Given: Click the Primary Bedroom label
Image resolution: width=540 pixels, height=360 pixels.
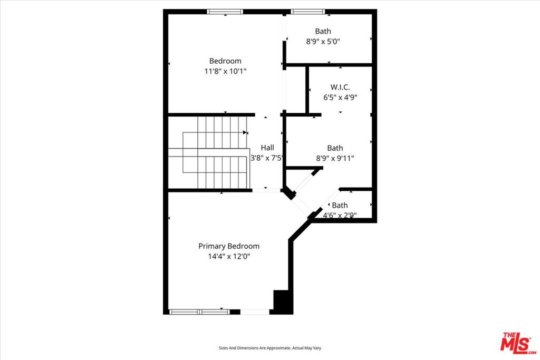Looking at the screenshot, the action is tap(229, 246).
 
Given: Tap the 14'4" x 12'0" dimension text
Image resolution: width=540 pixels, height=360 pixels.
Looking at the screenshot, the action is tap(229, 256).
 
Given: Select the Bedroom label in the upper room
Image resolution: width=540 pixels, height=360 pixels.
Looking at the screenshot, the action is tap(225, 61).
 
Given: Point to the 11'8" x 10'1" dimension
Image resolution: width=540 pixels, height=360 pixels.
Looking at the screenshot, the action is tap(225, 71).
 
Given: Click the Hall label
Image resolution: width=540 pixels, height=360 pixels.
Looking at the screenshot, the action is tap(267, 148).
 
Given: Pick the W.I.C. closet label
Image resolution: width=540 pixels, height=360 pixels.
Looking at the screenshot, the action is tap(340, 87).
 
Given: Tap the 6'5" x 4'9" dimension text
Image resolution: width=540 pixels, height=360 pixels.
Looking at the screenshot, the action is tap(340, 98).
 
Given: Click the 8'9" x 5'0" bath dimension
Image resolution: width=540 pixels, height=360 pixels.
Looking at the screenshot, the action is tap(323, 42).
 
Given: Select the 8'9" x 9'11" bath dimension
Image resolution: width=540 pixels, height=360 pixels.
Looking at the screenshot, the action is tap(335, 158).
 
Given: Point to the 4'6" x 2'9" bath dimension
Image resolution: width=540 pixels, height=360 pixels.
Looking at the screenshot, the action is tap(340, 216).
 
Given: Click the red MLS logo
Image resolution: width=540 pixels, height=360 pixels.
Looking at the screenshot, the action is tap(518, 343).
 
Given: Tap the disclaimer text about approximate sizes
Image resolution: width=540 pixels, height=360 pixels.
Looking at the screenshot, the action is tap(270, 348).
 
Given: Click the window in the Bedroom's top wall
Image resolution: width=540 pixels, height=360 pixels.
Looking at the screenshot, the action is tap(225, 12).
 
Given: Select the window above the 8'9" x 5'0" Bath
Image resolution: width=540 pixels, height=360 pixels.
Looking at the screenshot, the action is tap(308, 12).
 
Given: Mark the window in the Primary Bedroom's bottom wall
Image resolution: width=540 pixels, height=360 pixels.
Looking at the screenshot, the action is tap(200, 312).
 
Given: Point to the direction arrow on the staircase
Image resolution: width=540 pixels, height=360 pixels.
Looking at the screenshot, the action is tap(245, 132).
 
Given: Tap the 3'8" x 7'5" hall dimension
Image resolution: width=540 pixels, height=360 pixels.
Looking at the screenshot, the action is tap(266, 158).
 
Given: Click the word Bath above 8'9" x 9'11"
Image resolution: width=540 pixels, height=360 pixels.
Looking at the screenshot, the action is tap(335, 148).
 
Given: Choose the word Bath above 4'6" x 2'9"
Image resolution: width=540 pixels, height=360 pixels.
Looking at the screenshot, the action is tap(340, 206).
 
